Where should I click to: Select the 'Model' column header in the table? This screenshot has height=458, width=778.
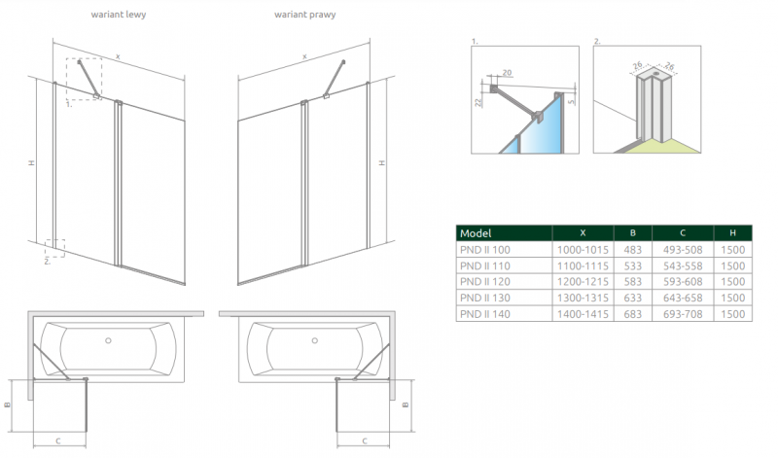(x=477, y=233)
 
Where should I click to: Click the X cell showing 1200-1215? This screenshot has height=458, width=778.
(x=583, y=282)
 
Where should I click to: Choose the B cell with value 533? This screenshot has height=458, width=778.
(x=632, y=265)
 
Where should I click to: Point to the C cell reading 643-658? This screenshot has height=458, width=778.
(x=682, y=298)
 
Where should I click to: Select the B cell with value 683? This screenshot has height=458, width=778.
(x=632, y=314)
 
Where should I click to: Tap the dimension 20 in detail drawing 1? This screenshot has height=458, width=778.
(x=508, y=73)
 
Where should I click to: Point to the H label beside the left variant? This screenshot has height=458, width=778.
(x=32, y=162)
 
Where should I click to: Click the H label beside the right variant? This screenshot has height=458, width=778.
(x=381, y=162)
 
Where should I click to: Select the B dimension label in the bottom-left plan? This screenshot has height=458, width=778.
(x=8, y=405)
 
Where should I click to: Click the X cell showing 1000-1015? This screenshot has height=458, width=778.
(x=583, y=250)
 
